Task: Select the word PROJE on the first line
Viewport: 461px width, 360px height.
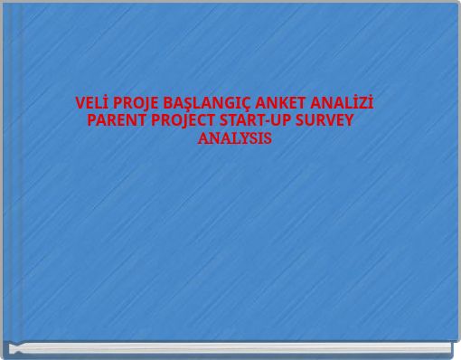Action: (136, 101)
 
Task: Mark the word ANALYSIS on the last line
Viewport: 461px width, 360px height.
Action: (233, 140)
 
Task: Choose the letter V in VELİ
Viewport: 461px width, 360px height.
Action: (80, 101)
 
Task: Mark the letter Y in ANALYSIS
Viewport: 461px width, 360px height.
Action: (241, 140)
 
